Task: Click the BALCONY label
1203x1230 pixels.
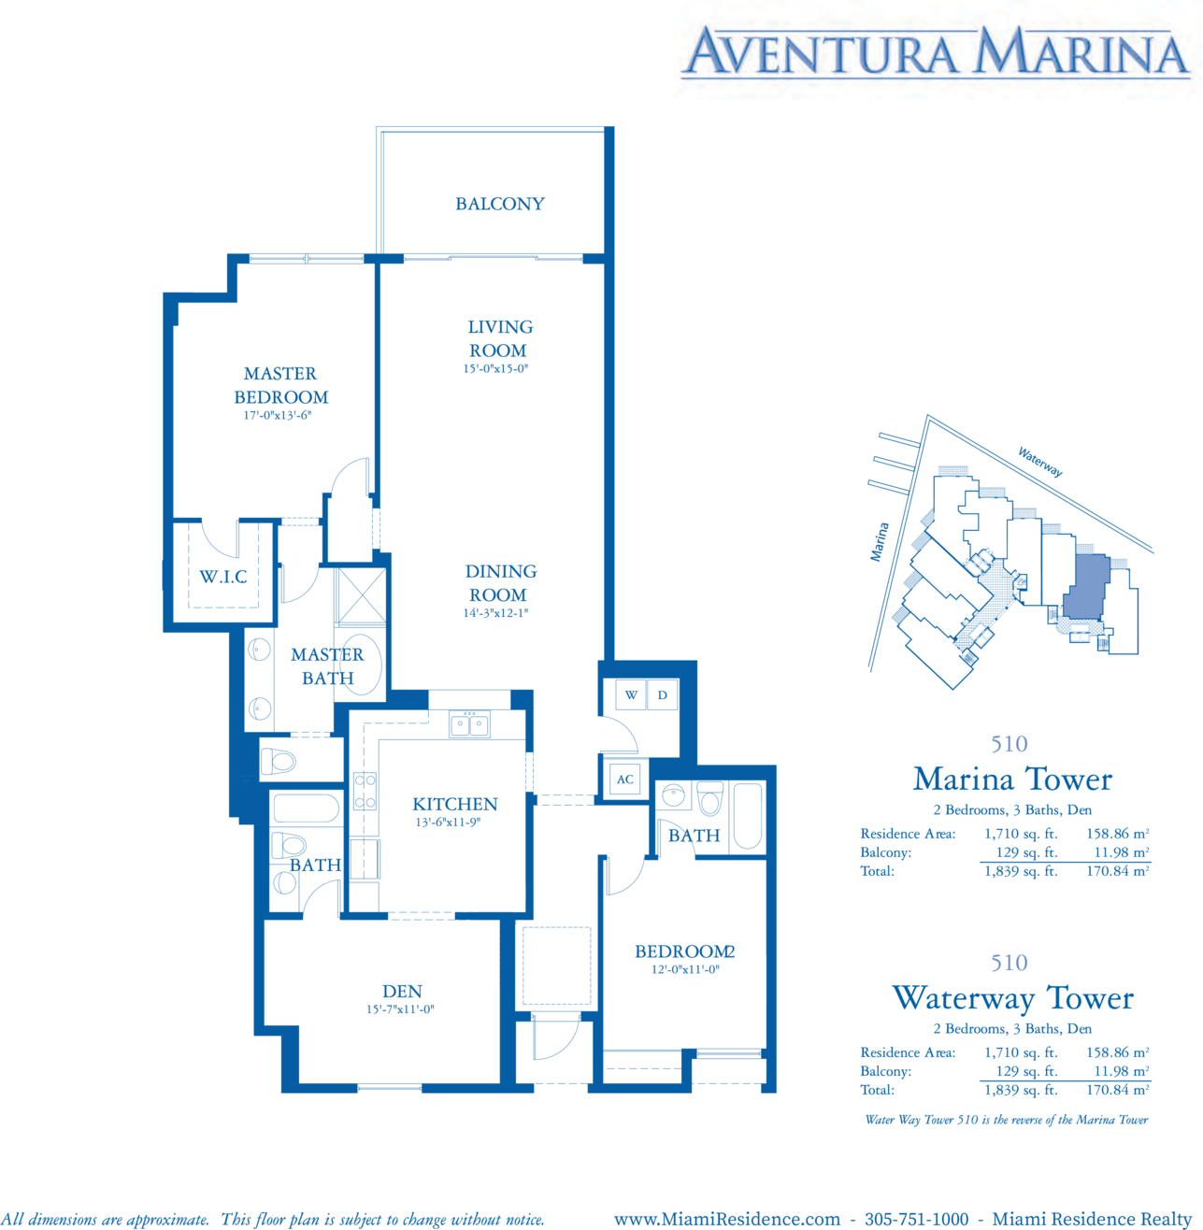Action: [499, 204]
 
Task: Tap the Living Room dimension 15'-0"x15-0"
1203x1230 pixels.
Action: [495, 368]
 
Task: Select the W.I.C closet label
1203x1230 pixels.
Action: [223, 577]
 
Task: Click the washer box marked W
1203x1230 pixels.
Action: [631, 694]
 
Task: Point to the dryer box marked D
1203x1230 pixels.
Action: [663, 694]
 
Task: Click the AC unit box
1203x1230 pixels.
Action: [625, 779]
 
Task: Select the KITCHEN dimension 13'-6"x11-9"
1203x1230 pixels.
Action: [448, 822]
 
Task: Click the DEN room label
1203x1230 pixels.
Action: [402, 991]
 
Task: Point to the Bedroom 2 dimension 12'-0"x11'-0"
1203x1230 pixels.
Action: [685, 969]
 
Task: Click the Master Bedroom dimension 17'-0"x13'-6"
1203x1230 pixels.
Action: [278, 415]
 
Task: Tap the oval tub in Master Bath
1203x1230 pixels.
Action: [361, 665]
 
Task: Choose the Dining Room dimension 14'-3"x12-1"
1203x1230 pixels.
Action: [495, 612]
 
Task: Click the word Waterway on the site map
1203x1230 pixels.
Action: [1040, 462]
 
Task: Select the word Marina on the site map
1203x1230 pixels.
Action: [880, 542]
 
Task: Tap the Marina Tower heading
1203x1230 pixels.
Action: [1012, 779]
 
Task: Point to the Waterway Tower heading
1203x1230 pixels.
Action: [1012, 998]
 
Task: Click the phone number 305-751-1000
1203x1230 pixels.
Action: [916, 1219]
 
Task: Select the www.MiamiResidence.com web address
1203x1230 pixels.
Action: [727, 1219]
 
